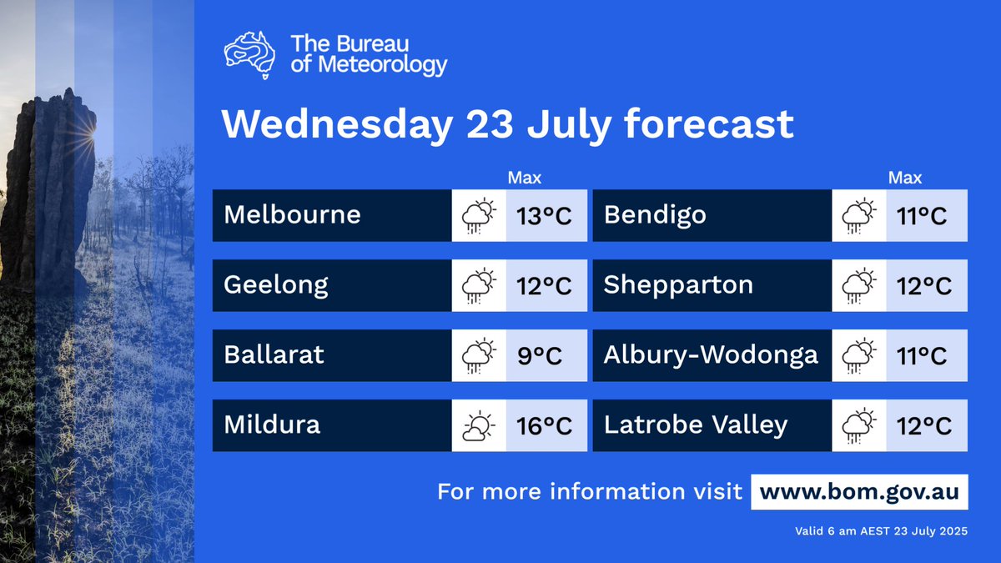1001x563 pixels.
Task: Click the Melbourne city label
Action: pos(292,215)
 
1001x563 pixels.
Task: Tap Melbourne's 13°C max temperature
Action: pos(543,216)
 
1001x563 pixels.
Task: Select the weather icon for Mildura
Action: pos(479,425)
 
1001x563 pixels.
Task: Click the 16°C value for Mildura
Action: pos(543,426)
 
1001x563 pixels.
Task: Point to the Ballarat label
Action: pos(274,355)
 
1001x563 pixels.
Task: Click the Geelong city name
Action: pos(275,285)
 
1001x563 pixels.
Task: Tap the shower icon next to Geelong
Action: pos(479,285)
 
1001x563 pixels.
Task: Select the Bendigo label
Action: pos(655,215)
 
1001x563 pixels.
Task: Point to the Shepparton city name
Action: pos(678,285)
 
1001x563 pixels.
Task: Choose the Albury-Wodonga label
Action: pos(711,355)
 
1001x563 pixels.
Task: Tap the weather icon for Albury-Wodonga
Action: pos(859,355)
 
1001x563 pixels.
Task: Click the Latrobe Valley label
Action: pos(696,425)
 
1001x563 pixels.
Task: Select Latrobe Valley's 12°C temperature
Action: pos(923,426)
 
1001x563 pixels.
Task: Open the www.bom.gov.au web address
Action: pos(859,491)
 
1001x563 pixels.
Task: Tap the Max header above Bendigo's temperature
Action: pos(905,178)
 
